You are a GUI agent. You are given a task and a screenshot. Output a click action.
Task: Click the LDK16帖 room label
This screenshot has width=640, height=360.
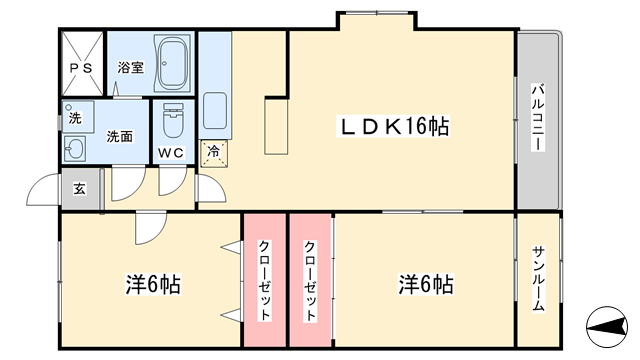point(394,126)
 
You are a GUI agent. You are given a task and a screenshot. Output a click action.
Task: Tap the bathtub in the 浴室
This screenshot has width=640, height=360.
point(173,63)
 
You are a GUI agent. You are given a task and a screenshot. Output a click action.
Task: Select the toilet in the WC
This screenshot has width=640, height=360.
point(173,120)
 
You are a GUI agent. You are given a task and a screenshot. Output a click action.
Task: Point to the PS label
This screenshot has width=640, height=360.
point(81,69)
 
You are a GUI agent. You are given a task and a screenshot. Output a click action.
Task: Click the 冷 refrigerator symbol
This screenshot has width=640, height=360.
point(213,153)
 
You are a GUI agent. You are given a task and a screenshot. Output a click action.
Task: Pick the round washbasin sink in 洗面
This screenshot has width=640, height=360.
point(75,148)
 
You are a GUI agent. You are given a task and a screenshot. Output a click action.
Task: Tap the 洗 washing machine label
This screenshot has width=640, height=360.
point(75,118)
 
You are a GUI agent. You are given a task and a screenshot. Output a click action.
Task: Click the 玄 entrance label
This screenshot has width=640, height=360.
point(80,189)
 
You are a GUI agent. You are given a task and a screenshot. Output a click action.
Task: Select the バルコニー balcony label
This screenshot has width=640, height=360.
point(538,118)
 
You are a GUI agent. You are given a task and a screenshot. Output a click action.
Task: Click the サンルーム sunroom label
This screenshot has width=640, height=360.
point(538,279)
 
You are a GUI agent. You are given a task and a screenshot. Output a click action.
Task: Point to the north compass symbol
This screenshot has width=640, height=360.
point(607,327)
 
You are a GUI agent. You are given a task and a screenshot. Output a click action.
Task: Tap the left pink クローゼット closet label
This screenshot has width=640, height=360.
point(264,280)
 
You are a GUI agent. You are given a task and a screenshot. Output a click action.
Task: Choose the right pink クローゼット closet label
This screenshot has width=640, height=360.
point(310,281)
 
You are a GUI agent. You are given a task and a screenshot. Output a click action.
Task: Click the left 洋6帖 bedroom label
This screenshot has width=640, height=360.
point(153,284)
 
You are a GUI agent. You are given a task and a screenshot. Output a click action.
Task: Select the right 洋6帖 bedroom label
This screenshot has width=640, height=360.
point(426,284)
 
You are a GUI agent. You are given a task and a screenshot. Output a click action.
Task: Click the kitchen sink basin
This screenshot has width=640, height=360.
point(215,111)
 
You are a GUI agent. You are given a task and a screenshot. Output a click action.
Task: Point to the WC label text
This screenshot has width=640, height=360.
point(171,153)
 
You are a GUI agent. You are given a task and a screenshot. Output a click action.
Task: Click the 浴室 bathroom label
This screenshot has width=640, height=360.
point(131,67)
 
